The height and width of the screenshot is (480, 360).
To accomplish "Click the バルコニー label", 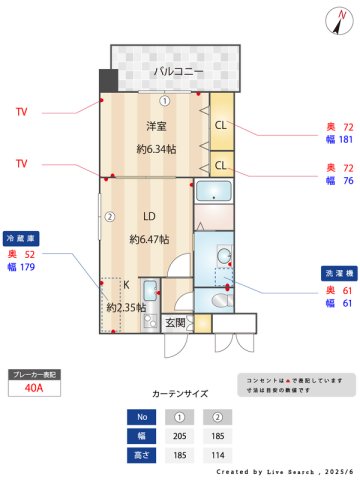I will click(179, 72).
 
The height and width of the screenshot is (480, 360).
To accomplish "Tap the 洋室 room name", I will click(156, 126).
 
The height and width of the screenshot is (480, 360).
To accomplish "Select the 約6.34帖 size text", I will click(157, 149).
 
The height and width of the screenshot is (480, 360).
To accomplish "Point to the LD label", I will click(149, 216).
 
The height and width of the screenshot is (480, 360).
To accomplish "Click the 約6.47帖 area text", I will click(149, 239).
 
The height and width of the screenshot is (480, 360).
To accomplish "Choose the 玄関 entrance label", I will click(175, 322).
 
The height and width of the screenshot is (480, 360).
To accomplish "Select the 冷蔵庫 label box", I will click(21, 240).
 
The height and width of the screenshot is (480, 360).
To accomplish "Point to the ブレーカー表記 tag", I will click(33, 373).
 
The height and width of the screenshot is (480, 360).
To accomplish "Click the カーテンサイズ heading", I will click(180, 394).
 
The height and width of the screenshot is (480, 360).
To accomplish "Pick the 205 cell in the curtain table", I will click(180, 435).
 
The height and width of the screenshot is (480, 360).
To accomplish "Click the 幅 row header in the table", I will click(142, 435).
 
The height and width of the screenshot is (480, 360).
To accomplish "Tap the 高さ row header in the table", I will click(142, 454).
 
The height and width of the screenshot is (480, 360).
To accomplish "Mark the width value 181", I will click(346, 141).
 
